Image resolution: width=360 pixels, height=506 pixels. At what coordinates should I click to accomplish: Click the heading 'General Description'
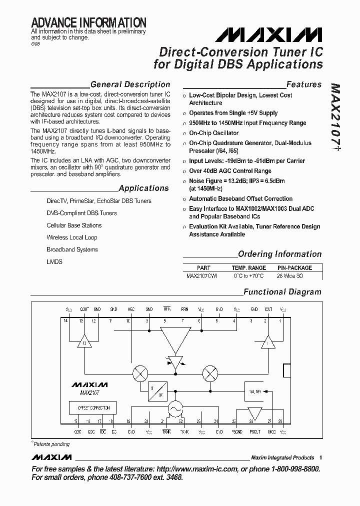point(130,84)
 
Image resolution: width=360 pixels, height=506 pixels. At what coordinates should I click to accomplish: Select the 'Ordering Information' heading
point(279,254)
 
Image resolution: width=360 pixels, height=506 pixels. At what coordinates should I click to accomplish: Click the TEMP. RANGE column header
point(248,268)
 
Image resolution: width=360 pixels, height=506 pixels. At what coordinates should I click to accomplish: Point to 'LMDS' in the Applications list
point(54,261)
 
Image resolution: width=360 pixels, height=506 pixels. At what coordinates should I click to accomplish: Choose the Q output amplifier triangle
point(84,342)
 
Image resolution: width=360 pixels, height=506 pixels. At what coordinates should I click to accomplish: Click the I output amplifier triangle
point(269,342)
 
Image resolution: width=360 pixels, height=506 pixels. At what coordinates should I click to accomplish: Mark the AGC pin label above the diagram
point(131,309)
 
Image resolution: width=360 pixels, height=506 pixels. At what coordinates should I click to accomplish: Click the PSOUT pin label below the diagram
point(255,431)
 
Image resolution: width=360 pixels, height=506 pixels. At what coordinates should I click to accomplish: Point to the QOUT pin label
point(84,309)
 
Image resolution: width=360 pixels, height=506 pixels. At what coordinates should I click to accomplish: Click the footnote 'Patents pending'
point(51,444)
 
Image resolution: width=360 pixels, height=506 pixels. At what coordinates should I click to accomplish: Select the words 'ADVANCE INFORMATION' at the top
point(88,22)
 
